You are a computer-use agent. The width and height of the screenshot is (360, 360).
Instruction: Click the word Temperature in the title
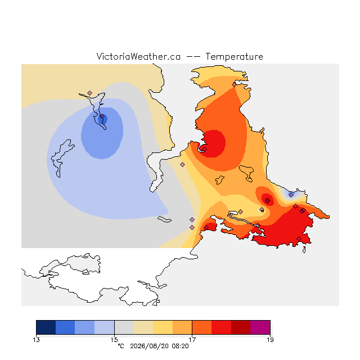[x=234, y=56]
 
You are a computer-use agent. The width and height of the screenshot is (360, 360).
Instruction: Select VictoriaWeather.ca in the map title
[x=138, y=56]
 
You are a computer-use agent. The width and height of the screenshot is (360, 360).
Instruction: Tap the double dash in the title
[x=193, y=57]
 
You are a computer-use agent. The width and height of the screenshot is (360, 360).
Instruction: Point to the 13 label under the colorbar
[x=36, y=340]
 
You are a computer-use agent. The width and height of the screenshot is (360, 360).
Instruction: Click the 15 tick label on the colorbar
[x=114, y=340]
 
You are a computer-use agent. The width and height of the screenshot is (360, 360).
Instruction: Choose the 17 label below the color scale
[x=192, y=340]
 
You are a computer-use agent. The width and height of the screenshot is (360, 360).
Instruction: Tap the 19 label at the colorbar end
[x=270, y=340]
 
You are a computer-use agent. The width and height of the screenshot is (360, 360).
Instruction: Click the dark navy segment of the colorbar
[x=46, y=327]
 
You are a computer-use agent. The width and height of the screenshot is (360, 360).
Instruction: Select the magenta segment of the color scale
[x=260, y=327]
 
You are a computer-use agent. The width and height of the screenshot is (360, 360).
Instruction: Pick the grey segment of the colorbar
[x=124, y=327]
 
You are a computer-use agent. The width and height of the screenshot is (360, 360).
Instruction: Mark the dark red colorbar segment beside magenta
[x=241, y=327]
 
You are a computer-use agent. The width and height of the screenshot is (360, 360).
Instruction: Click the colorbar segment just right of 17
[x=202, y=327]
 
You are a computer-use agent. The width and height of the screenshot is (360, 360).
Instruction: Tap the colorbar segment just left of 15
[x=105, y=327]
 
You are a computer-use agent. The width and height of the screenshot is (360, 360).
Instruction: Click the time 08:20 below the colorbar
[x=180, y=346]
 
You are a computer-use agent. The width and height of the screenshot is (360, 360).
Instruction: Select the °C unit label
[x=121, y=346]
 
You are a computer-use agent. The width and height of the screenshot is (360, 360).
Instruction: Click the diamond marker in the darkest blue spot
[x=102, y=116]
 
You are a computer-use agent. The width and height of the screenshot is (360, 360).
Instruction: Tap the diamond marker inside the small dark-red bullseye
[x=268, y=201]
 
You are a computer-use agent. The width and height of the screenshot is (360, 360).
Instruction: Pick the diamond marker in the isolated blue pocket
[x=291, y=195]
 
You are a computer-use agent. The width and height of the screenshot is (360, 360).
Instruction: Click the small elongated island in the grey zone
[x=164, y=219]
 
